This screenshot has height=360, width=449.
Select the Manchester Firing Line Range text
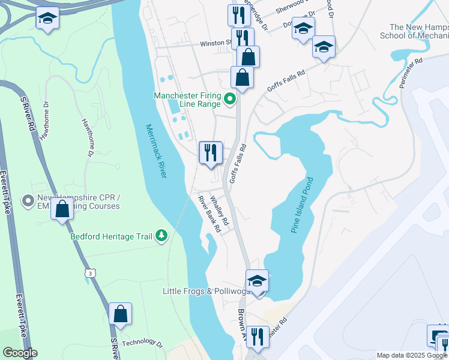point(187,100)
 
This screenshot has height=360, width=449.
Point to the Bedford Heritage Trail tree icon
point(161,236)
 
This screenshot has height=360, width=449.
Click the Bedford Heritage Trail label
point(112,237)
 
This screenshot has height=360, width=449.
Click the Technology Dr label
point(143,343)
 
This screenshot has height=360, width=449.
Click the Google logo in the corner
point(19,353)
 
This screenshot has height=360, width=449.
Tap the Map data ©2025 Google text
point(411,355)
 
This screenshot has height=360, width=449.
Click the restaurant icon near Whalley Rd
point(211,153)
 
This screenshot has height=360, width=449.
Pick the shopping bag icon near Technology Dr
point(121,314)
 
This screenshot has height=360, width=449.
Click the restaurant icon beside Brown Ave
point(258,337)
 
